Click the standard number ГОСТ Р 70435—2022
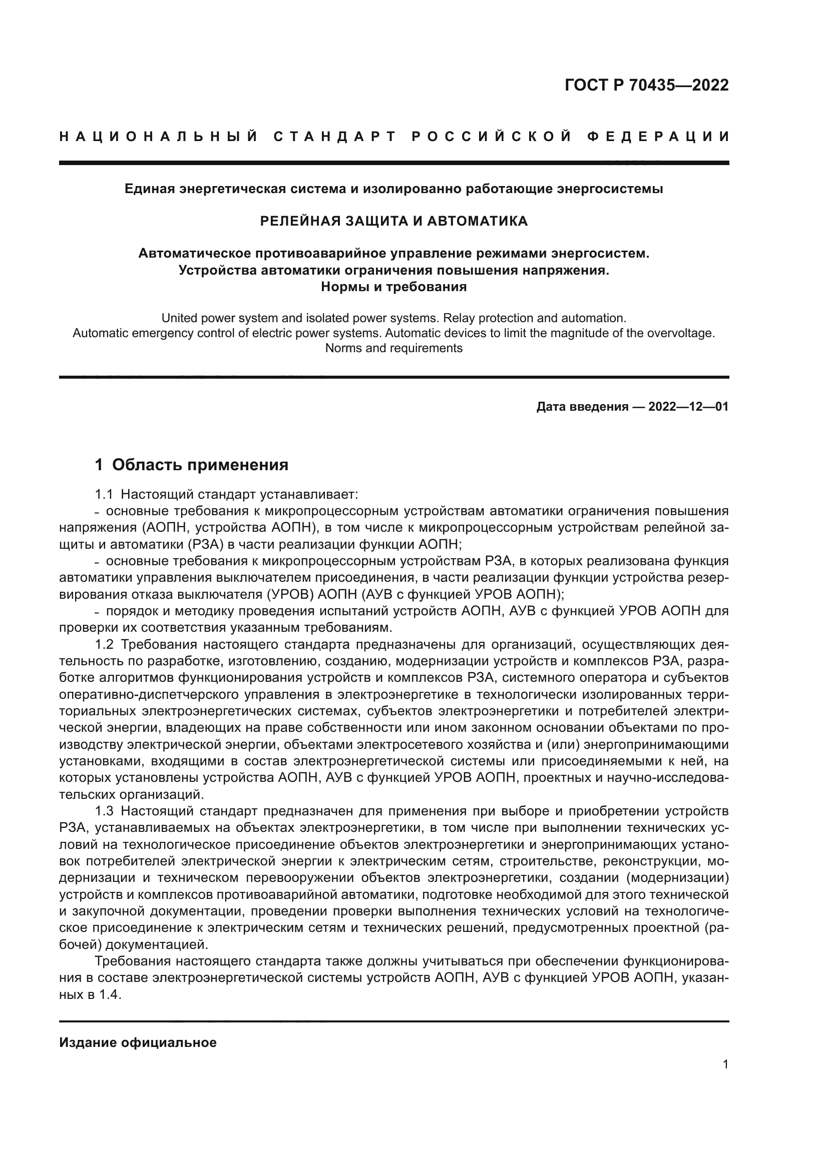coord(646,85)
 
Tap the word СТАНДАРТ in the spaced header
coord(335,137)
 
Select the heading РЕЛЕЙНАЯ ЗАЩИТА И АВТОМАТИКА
coord(393,221)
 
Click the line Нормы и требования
coord(393,287)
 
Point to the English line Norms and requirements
coord(393,348)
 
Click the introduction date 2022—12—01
coord(688,407)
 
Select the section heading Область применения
coord(200,465)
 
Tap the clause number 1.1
coord(104,494)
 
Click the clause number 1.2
coord(104,645)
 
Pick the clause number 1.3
coord(104,811)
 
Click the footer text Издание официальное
coord(138,1042)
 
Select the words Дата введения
coord(582,407)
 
